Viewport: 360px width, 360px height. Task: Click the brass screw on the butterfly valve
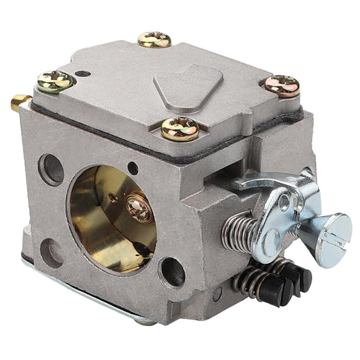tap(140, 209)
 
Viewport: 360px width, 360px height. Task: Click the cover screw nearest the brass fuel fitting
tap(54, 80)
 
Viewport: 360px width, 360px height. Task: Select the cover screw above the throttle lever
tap(282, 85)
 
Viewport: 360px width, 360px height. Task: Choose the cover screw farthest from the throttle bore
tap(154, 40)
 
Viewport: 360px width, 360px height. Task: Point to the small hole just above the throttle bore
tap(133, 168)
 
